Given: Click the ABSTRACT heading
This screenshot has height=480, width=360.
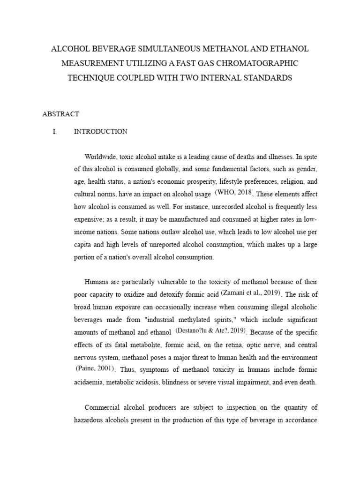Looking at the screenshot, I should [60, 114].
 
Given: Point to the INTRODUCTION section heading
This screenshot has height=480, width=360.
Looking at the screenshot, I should [100, 132].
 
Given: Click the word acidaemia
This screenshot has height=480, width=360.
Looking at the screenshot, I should [90, 382].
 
